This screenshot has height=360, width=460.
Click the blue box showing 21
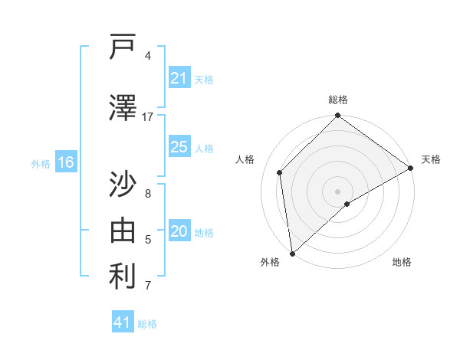[x=179, y=78]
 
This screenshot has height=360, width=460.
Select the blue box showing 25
[x=179, y=147]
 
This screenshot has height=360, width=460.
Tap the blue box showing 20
[x=179, y=231]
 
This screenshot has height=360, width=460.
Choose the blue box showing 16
[x=65, y=162]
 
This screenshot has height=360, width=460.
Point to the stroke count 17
[x=148, y=117]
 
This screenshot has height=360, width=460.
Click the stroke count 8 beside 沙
[x=148, y=193]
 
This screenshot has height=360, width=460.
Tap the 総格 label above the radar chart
[x=337, y=100]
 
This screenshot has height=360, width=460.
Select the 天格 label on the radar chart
[x=431, y=159]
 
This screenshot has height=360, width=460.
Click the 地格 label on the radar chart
[x=402, y=262]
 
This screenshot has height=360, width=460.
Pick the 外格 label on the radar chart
[x=270, y=262]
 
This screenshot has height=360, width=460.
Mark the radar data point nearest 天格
[x=411, y=168]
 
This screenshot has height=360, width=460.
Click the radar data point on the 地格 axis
[x=347, y=204]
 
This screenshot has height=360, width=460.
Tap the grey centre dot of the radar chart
[x=337, y=191]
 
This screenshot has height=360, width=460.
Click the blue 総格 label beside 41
[x=147, y=324]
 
